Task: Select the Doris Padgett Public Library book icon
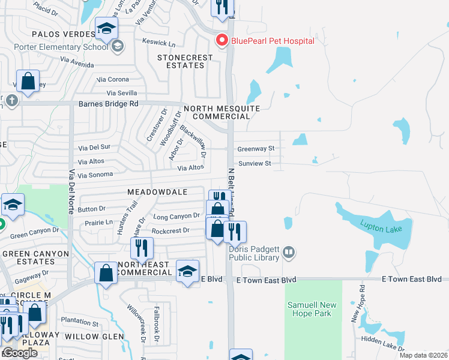289,251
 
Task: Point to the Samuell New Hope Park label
313,309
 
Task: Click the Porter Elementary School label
70,46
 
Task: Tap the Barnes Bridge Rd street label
109,103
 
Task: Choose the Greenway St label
256,148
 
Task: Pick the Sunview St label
255,163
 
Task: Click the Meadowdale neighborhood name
157,191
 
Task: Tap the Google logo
20,353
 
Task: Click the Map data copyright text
423,355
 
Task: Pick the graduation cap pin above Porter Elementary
107,29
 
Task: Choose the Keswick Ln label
158,43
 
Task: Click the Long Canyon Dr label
176,216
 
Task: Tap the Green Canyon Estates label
35,258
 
